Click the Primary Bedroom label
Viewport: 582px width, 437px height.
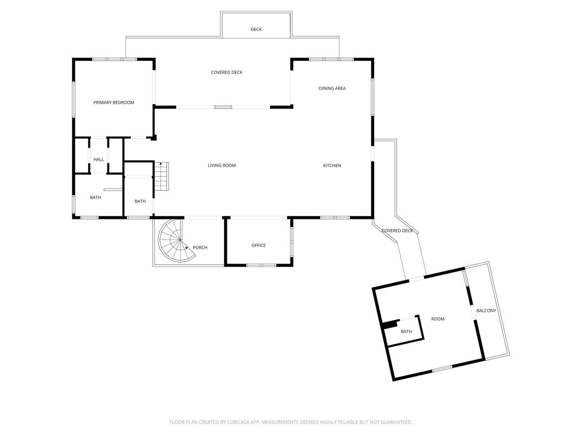pyautogui.click(x=114, y=102)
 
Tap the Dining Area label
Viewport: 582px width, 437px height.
pyautogui.click(x=332, y=88)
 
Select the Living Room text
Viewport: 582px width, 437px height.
pyautogui.click(x=222, y=165)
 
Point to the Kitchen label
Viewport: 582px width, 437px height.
pyautogui.click(x=332, y=165)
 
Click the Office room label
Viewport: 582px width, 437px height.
pyautogui.click(x=259, y=245)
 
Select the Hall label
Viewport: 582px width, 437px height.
pyautogui.click(x=99, y=159)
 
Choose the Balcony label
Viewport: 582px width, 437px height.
pyautogui.click(x=486, y=310)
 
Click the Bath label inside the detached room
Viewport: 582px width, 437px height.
pyautogui.click(x=406, y=331)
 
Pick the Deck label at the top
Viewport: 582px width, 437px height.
pyautogui.click(x=256, y=30)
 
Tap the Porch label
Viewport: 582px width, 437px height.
pyautogui.click(x=200, y=248)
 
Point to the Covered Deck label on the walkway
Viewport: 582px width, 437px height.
pyautogui.click(x=397, y=231)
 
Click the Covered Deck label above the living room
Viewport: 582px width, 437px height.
pyautogui.click(x=226, y=72)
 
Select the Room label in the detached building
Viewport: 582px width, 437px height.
pyautogui.click(x=438, y=319)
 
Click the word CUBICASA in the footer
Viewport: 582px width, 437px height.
pyautogui.click(x=239, y=422)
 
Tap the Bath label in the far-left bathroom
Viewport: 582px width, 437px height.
pyautogui.click(x=95, y=198)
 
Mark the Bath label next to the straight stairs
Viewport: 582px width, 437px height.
pyautogui.click(x=140, y=201)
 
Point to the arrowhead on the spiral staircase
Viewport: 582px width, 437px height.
pyautogui.click(x=187, y=247)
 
